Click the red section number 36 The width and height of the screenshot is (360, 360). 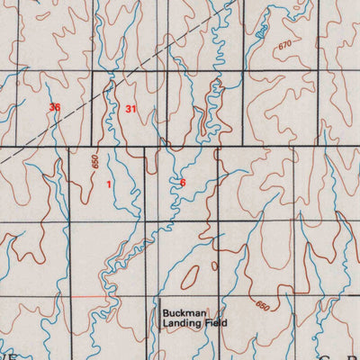coord(56,108)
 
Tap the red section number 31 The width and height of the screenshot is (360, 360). coord(131,109)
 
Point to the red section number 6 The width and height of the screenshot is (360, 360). coord(183,183)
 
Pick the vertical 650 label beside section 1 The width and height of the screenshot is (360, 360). coord(94,165)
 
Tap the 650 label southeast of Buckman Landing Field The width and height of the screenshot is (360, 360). coord(262,307)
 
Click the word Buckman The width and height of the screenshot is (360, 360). coord(184,312)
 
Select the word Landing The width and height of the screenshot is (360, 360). coord(184,322)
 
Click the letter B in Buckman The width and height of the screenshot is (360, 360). coord(166,312)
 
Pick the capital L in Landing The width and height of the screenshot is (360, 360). coord(165,322)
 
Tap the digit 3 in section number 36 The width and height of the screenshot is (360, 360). coord(53,108)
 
